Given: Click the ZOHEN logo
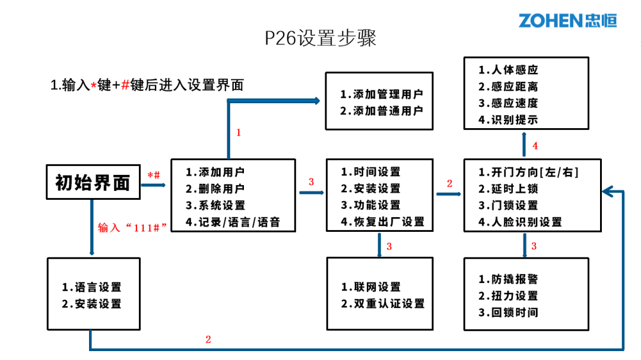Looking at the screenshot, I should (567, 20).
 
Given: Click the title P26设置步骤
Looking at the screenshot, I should (320, 39).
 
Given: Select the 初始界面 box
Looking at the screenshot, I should (93, 182).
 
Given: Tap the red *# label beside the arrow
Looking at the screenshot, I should (154, 175).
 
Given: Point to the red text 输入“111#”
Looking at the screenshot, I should (131, 228).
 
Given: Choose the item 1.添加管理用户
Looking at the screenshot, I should (382, 94).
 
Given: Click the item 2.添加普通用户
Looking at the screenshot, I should (382, 111).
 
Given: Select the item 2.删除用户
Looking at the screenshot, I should (215, 189).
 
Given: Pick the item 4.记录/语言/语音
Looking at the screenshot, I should (232, 222).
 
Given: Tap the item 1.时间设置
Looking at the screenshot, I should (370, 172).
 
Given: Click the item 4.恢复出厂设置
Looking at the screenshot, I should (382, 222).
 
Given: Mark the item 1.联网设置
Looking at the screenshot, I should (370, 287).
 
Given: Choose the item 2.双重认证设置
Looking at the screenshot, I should (382, 304).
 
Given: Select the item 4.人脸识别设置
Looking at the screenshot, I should (520, 222).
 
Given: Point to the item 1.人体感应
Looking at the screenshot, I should (508, 70).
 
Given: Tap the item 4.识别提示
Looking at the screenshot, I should (508, 120).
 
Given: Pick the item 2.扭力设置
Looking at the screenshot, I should (508, 296).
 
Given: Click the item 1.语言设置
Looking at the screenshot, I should (91, 287).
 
